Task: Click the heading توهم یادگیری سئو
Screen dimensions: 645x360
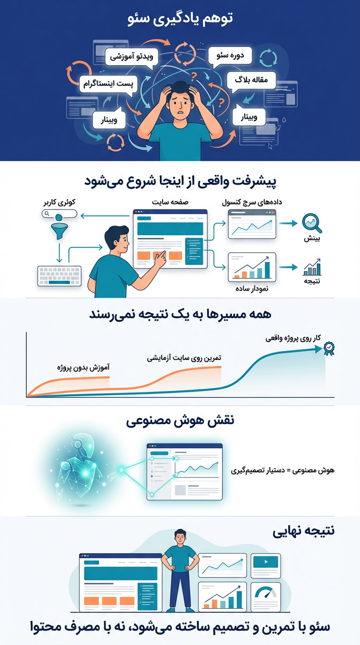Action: (x=180, y=20)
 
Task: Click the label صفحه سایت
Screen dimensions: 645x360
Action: (x=170, y=202)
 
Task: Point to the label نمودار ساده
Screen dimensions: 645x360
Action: (x=251, y=289)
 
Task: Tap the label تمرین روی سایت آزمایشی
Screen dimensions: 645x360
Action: (x=184, y=358)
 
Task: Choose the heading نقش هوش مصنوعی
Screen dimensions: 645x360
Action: (x=180, y=420)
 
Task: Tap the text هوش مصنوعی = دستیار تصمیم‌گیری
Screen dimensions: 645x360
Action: (x=283, y=470)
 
